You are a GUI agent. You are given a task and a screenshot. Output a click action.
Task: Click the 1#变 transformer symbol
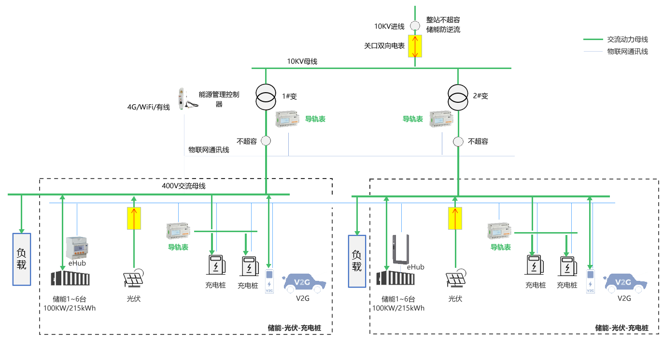tap(266, 97)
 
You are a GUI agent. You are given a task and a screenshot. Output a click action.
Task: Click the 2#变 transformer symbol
tap(458, 97)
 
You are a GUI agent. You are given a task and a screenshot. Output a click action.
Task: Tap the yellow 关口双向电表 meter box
tap(415, 46)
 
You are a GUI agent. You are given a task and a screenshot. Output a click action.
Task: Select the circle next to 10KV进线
tap(415, 26)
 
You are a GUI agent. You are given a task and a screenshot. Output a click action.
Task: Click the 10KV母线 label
tap(302, 61)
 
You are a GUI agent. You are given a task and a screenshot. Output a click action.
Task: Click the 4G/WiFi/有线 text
tap(149, 107)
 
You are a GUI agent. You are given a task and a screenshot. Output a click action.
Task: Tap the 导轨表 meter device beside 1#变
tap(287, 119)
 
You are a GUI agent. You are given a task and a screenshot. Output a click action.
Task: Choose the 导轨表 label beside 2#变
tap(412, 119)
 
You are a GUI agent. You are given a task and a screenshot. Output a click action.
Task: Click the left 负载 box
tap(22, 260)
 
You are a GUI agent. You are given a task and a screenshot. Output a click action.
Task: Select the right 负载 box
tap(357, 261)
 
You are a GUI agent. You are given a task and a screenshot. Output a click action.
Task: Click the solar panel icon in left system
tap(133, 278)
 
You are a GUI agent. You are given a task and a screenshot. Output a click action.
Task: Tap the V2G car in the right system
tap(625, 283)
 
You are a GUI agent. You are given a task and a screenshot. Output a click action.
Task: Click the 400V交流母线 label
tap(183, 186)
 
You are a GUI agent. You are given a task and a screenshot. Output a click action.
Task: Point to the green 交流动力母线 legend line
tap(593, 39)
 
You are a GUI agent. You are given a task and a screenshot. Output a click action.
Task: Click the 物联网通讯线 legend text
tap(627, 52)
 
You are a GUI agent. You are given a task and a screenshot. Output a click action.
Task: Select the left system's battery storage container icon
tap(70, 278)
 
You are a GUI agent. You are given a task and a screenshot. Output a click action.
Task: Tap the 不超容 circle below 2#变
tap(458, 142)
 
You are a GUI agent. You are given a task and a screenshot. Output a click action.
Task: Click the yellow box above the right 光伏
tap(455, 218)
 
